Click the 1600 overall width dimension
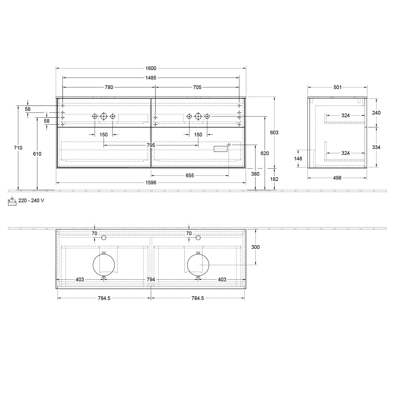tap(151, 68)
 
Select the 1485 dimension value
tap(151, 78)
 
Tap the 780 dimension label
tap(109, 87)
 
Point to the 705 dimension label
tap(197, 87)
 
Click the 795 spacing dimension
tap(151, 145)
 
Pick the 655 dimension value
tap(190, 175)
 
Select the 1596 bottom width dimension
tap(151, 182)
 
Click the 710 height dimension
tap(18, 148)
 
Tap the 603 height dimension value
tap(274, 133)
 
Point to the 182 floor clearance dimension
tap(274, 179)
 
